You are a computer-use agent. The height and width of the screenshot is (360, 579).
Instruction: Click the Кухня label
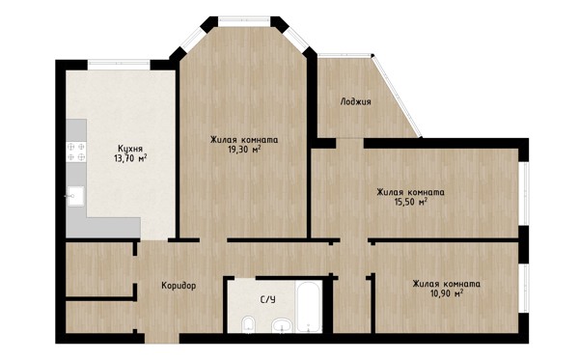click(130, 149)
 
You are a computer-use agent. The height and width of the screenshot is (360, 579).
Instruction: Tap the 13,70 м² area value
click(130, 158)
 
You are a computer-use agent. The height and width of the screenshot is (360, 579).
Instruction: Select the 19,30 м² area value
click(245, 150)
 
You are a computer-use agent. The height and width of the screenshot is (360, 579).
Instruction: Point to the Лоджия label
click(355, 101)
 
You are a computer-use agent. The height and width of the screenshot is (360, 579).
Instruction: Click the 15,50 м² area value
click(411, 202)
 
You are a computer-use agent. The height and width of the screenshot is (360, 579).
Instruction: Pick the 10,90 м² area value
click(447, 293)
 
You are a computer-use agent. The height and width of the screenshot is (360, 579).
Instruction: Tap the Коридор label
click(179, 286)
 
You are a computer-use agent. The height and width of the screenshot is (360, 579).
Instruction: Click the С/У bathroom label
click(268, 299)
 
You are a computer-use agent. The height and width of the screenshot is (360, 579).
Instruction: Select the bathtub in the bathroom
click(309, 307)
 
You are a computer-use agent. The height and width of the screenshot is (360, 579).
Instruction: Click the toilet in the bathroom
click(248, 325)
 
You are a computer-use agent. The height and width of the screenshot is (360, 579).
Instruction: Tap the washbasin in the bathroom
click(283, 326)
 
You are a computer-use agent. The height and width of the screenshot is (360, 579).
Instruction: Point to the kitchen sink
click(75, 196)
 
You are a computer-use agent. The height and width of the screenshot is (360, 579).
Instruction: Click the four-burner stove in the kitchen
click(76, 152)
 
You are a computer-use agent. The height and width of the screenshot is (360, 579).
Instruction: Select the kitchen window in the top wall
click(119, 65)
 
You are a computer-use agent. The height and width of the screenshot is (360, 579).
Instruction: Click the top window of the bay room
click(244, 21)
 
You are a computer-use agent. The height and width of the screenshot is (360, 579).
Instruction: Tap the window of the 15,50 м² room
click(524, 193)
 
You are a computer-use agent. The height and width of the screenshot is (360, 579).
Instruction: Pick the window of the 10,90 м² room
click(524, 289)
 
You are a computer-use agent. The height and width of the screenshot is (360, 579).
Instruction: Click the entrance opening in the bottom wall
click(162, 338)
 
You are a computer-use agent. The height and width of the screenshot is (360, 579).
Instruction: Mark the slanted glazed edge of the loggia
click(397, 97)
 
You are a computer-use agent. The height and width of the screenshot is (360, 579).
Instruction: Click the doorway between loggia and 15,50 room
click(349, 143)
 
